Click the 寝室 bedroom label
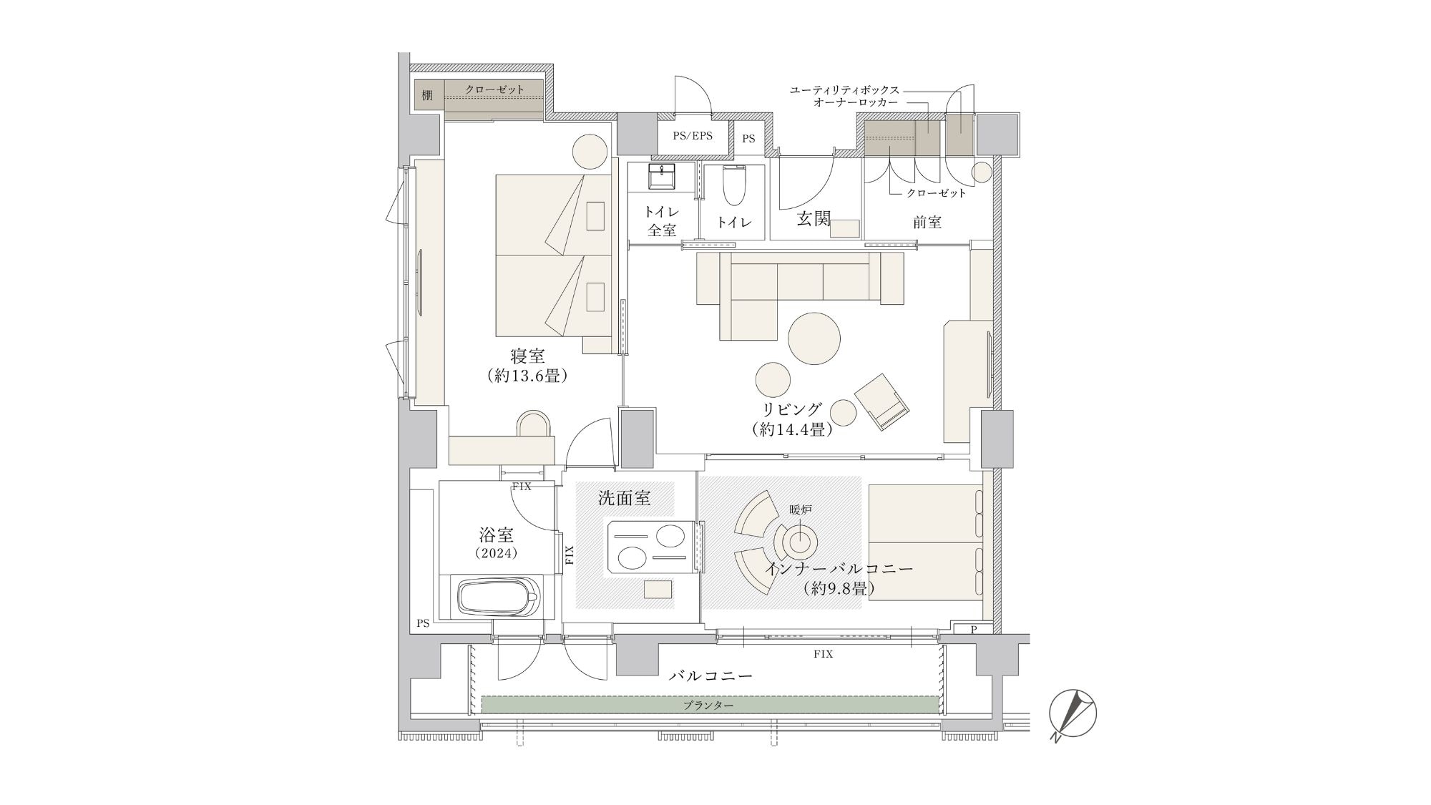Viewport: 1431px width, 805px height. coord(527,356)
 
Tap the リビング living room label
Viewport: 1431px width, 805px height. coord(792,409)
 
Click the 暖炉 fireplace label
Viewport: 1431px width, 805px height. coord(801,509)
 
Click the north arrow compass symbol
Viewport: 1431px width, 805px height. coord(1073,714)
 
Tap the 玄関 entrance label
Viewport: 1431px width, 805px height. coord(814,218)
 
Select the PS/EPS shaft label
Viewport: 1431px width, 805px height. coord(693,135)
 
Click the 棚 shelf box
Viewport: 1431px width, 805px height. coord(428,95)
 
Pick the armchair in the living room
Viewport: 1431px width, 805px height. coord(882,402)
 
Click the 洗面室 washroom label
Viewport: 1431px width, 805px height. coord(625,498)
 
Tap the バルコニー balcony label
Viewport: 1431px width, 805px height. coord(710,675)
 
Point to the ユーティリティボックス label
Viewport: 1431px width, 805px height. coord(844,90)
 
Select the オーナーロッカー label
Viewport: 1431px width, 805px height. coord(856,103)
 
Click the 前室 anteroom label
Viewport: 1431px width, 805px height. coord(927,223)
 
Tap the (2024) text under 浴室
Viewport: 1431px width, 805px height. coord(496,553)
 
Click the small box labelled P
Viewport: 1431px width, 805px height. coord(974,630)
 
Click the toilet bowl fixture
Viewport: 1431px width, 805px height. coord(734,185)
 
